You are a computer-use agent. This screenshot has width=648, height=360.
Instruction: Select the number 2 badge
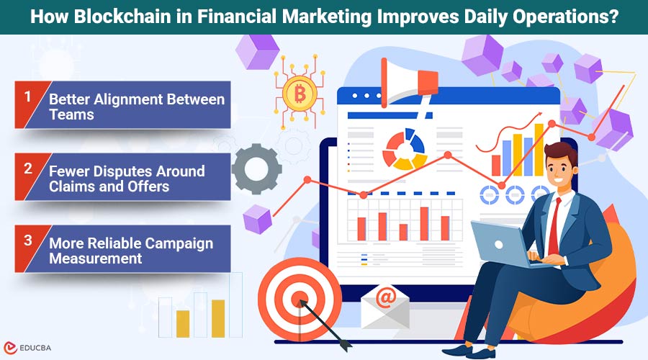[27, 169]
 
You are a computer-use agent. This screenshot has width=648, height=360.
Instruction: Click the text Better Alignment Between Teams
[137, 107]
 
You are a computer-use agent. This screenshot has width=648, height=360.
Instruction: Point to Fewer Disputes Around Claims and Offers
[127, 179]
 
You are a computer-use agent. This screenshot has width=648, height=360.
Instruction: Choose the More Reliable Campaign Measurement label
[131, 250]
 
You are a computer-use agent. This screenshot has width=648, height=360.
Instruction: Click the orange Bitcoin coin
[295, 91]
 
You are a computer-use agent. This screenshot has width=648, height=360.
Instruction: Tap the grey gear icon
[257, 169]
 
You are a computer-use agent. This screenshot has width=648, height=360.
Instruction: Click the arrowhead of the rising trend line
[538, 114]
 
